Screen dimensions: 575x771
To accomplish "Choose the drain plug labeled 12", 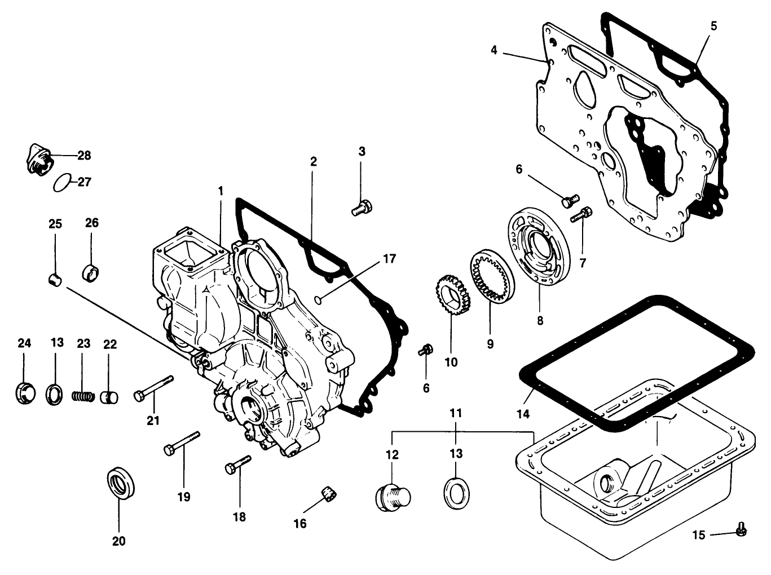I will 392,497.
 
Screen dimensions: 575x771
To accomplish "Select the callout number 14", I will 523,414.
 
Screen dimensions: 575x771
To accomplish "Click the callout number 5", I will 713,26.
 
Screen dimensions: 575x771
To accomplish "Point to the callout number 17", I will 389,259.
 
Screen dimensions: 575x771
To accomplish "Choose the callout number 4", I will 494,50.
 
